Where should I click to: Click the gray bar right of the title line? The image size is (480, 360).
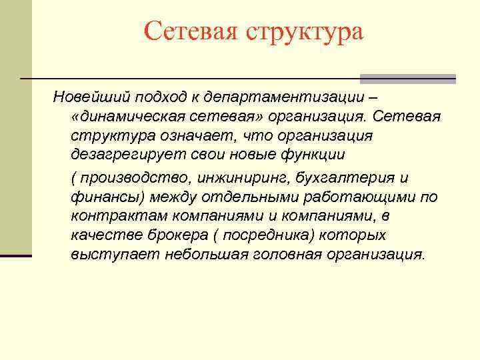pyautogui.click(x=407, y=79)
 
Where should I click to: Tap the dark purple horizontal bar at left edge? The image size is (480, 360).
pyautogui.click(x=16, y=255)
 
